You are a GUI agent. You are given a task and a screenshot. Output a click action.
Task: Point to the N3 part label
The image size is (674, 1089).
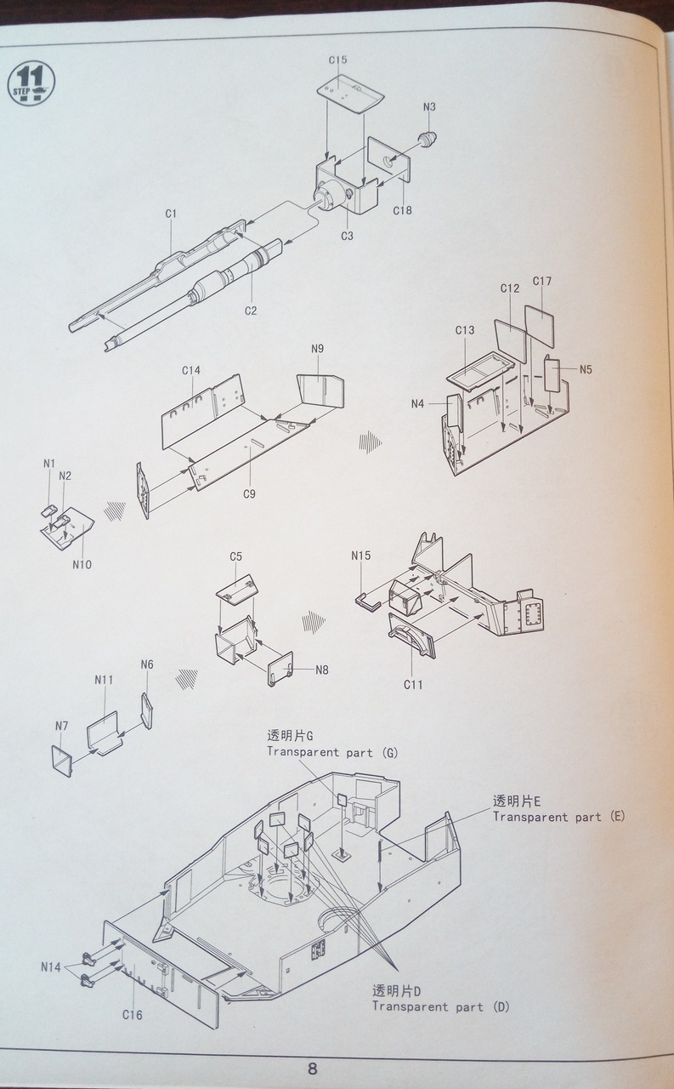[429, 107]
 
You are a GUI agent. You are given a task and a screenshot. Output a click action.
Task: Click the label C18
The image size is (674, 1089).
[402, 210]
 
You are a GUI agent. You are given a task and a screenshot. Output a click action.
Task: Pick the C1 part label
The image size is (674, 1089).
[171, 214]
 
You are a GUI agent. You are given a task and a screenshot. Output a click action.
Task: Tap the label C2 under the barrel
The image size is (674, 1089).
[251, 311]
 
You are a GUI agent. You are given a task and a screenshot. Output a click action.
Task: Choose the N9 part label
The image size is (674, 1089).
[318, 349]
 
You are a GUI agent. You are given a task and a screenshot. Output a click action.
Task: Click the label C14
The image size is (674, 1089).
[190, 370]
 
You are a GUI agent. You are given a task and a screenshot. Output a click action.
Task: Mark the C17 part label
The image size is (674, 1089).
[542, 282]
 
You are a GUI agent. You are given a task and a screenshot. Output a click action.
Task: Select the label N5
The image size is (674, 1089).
[586, 369]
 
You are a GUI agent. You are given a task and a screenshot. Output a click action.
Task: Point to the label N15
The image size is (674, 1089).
[361, 556]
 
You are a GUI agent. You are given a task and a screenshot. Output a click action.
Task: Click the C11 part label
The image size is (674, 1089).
[413, 684]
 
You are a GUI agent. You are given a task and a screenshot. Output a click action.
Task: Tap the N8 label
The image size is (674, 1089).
[321, 670]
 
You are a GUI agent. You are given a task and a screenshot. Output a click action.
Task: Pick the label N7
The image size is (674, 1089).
[61, 726]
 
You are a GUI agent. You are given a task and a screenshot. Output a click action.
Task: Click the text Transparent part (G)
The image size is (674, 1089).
[331, 752]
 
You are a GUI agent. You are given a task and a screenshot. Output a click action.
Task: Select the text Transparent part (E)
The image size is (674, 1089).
[558, 816]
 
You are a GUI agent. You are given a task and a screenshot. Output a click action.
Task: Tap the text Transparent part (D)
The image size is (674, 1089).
[439, 1006]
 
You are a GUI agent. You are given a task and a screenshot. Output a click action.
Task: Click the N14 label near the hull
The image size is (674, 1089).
[52, 966]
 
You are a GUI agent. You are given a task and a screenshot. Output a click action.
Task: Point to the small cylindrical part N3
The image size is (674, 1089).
[428, 139]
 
